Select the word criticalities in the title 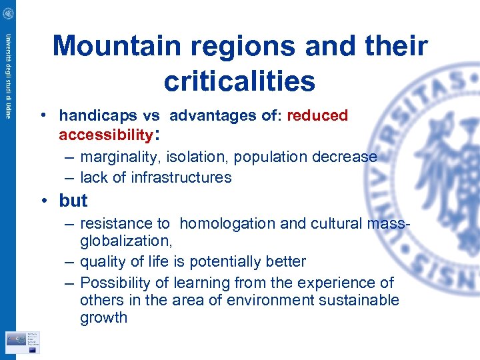pyautogui.click(x=239, y=81)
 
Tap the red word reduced pyautogui.click(x=317, y=116)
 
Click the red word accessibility pyautogui.click(x=106, y=135)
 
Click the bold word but pyautogui.click(x=73, y=201)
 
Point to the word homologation pyautogui.click(x=227, y=224)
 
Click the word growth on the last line pyautogui.click(x=103, y=317)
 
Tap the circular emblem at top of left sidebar pyautogui.click(x=8, y=11)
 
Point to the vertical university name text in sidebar pyautogui.click(x=9, y=77)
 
